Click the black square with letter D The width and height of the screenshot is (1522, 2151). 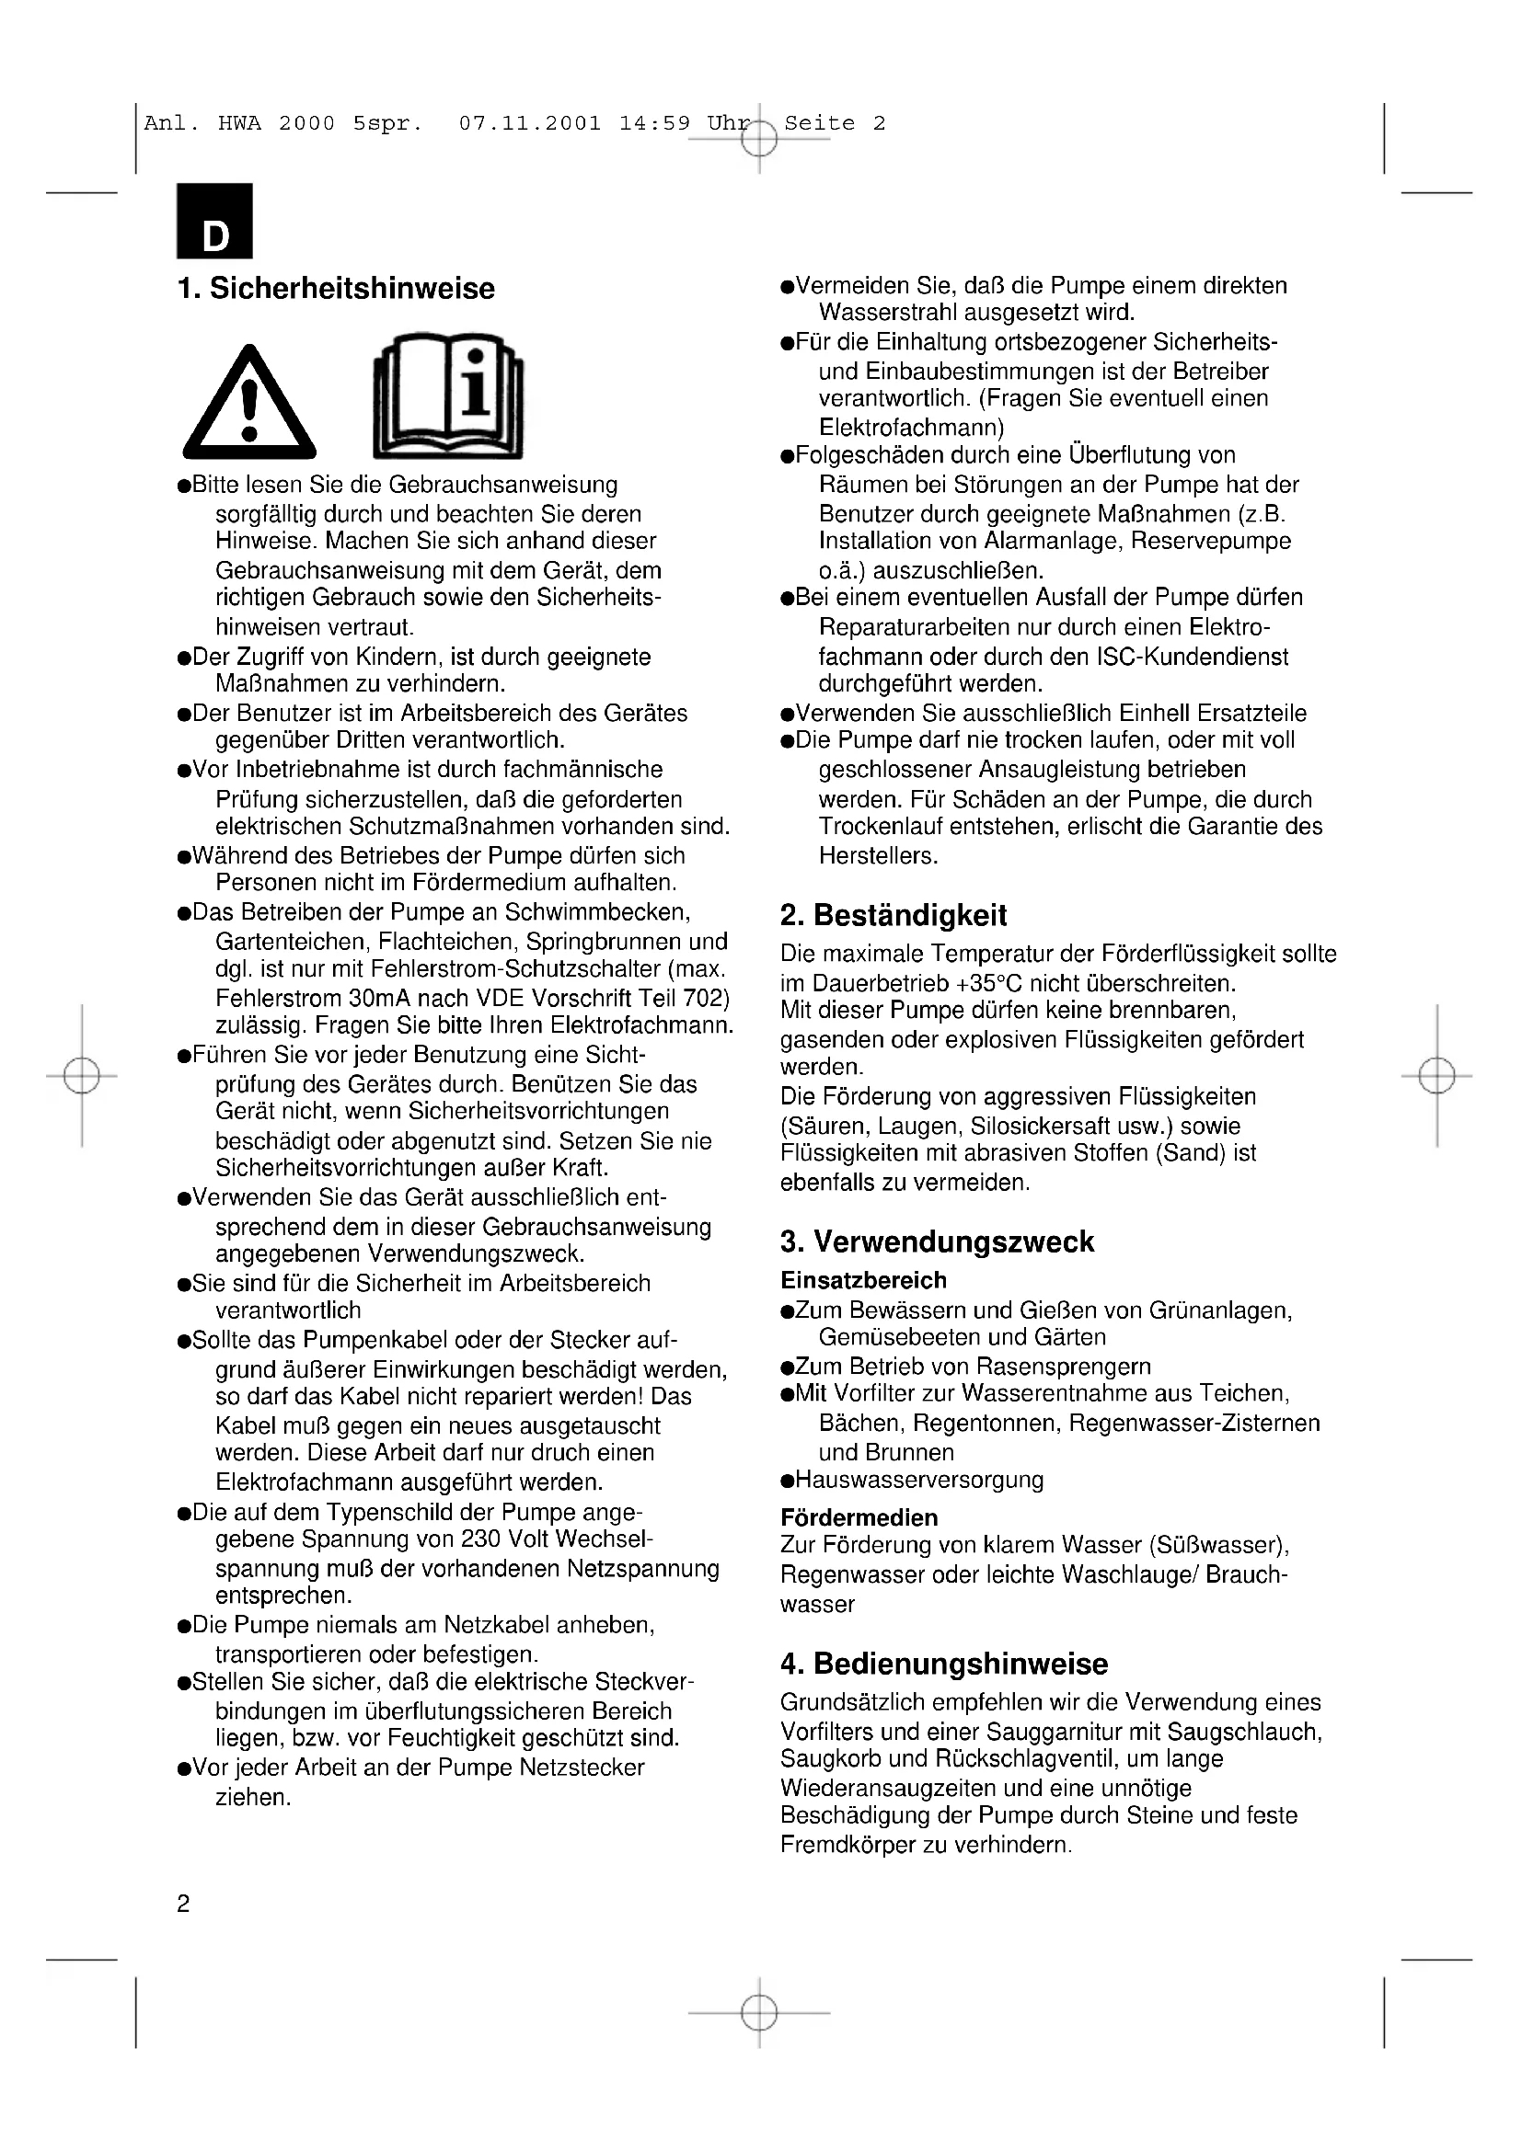[x=214, y=221]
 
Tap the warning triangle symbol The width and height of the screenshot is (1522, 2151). [x=249, y=404]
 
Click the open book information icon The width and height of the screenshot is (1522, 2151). [x=448, y=397]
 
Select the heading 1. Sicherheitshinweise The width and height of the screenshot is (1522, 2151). [x=336, y=289]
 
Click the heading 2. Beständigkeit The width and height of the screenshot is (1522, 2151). [x=894, y=914]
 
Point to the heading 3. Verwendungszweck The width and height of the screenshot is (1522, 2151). [x=936, y=1241]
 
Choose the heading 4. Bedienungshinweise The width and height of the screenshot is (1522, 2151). [x=944, y=1664]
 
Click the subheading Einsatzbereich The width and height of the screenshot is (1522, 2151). [x=863, y=1280]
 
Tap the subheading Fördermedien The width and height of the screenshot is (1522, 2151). [x=859, y=1517]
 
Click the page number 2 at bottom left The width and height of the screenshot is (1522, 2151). [x=183, y=1904]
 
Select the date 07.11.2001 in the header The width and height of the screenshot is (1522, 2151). [x=529, y=123]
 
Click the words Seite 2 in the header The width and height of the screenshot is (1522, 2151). [x=834, y=123]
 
